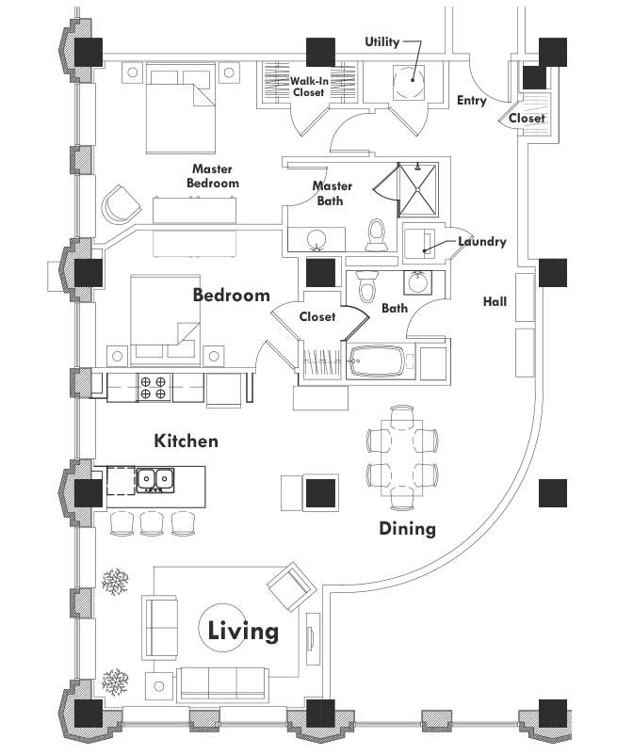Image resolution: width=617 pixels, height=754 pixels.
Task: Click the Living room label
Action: [x=243, y=630]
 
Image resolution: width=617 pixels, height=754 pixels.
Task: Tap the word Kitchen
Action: [x=187, y=441]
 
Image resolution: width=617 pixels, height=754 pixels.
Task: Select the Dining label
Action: [x=407, y=528]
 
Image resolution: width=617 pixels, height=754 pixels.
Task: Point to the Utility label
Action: [x=382, y=42]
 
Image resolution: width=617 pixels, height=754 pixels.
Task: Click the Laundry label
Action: [x=482, y=242]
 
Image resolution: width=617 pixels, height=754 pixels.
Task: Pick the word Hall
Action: [x=495, y=302]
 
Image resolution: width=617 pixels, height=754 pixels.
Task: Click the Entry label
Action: [x=471, y=101]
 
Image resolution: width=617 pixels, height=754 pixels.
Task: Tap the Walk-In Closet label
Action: [x=309, y=88]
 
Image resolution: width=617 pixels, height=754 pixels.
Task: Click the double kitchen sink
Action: [x=154, y=481]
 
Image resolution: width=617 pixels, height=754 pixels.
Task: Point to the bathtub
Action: [x=377, y=362]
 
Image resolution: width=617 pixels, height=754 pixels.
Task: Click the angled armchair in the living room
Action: [x=289, y=586]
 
